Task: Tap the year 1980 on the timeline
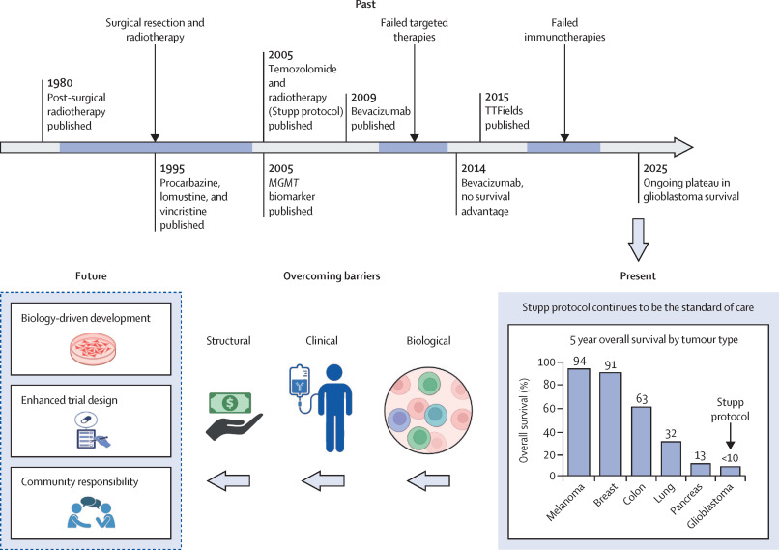point(59,83)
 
